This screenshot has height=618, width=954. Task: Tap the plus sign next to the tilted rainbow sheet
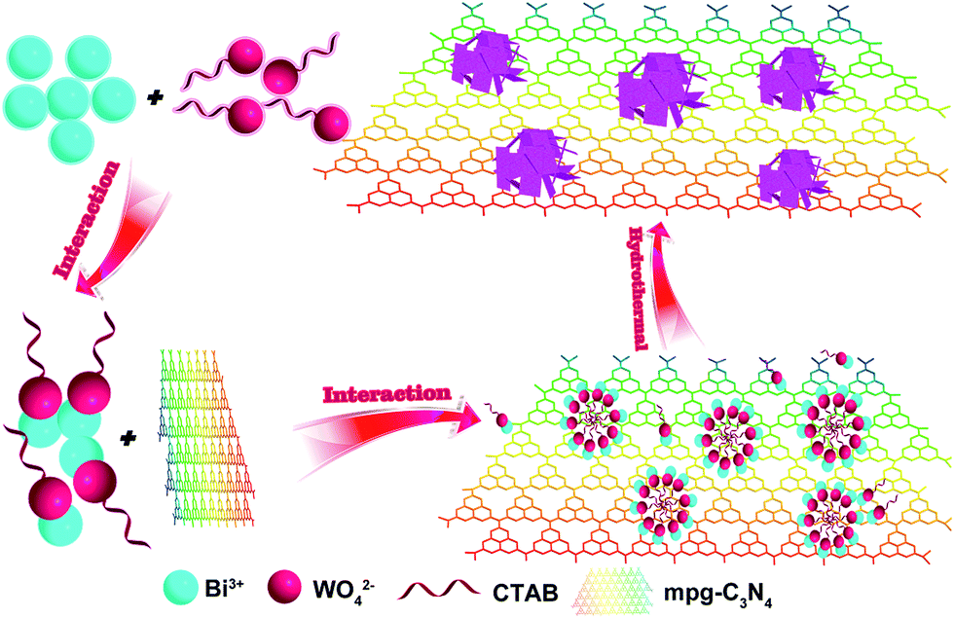click(x=127, y=439)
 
